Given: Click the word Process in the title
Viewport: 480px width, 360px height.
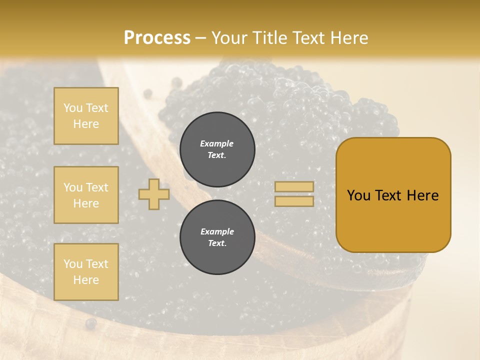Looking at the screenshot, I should click(157, 38).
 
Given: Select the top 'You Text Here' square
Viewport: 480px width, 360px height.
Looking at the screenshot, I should click(86, 116).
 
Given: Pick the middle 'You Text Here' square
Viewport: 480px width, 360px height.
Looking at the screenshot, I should click(86, 195).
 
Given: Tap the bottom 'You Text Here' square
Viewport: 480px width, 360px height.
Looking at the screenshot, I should click(86, 272).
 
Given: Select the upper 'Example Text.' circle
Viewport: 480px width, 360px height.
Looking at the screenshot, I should click(217, 149).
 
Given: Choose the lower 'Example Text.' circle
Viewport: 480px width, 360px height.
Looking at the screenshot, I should click(217, 237).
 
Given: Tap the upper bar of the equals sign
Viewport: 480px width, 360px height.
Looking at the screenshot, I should click(294, 186).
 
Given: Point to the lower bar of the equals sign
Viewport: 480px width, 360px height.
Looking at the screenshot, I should click(294, 201).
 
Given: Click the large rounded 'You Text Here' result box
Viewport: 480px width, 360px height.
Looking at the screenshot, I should click(393, 195).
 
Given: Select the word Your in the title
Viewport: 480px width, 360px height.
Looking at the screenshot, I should click(229, 38).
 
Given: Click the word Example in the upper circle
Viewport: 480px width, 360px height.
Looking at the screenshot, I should click(217, 143).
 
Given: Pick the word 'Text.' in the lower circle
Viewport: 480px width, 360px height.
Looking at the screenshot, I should click(217, 243).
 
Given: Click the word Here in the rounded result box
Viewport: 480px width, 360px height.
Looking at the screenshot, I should click(422, 195).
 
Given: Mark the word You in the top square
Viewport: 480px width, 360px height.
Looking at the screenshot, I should click(73, 108).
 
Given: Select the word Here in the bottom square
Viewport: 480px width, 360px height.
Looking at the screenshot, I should click(86, 280).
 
